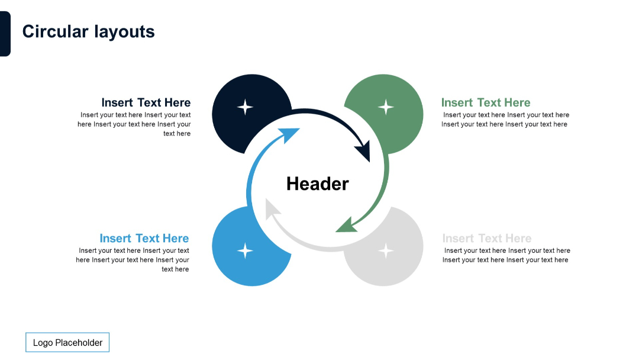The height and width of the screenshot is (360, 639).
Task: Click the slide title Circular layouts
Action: click(88, 31)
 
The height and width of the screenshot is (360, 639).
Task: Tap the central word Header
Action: click(317, 184)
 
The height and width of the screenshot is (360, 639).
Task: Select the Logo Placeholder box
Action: click(67, 342)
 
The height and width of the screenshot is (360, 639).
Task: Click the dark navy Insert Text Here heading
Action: click(146, 102)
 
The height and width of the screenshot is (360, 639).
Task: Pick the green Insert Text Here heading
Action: click(486, 102)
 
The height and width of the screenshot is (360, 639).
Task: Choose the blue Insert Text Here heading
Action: click(144, 238)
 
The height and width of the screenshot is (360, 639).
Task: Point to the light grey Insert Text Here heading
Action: click(487, 238)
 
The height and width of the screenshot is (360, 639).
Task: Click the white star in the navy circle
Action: click(245, 107)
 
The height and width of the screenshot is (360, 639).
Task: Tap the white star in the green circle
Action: click(386, 107)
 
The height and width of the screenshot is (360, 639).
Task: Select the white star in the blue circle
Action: click(245, 250)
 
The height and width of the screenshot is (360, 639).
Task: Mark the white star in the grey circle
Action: click(386, 250)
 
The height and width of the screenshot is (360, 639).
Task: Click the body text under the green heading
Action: click(505, 120)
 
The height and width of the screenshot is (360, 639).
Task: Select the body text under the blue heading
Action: click(133, 260)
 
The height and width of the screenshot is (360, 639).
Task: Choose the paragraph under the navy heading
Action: click(135, 124)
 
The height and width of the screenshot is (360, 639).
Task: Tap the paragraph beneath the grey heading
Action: click(506, 255)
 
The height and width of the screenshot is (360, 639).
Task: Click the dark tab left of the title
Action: click(5, 34)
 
